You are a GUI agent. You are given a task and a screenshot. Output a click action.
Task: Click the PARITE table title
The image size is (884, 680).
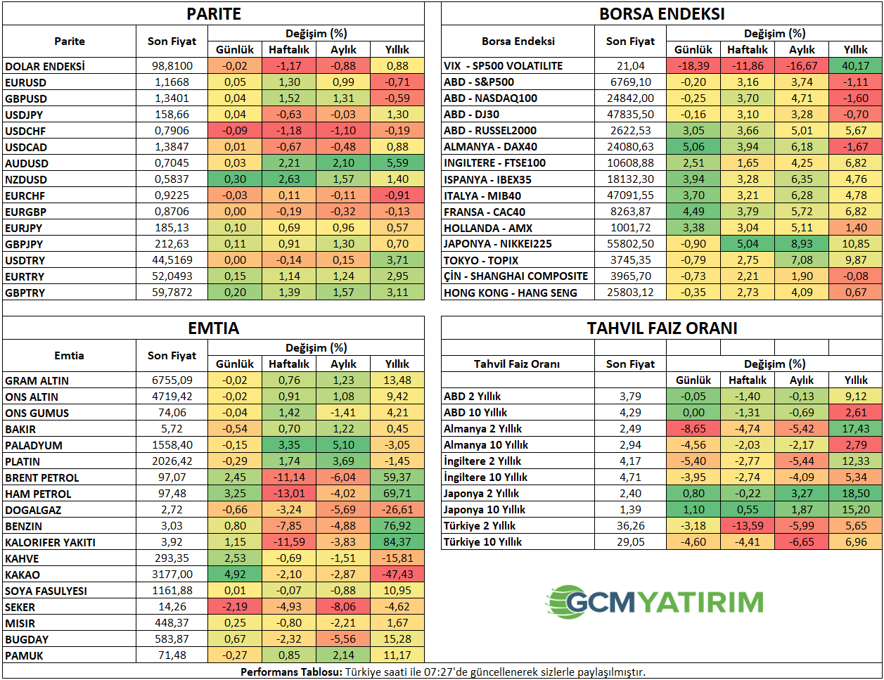pyautogui.click(x=214, y=14)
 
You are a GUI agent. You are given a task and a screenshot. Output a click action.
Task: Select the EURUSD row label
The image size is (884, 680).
pyautogui.click(x=26, y=82)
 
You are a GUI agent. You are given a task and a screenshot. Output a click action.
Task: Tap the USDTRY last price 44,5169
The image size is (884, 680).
pyautogui.click(x=172, y=260)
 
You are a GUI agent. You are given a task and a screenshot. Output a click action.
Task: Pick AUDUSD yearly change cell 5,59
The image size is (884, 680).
pyautogui.click(x=397, y=163)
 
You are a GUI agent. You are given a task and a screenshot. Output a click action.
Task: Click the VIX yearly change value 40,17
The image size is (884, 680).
pyautogui.click(x=855, y=65)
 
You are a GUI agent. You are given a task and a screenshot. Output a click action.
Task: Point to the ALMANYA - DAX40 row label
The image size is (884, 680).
pyautogui.click(x=490, y=147)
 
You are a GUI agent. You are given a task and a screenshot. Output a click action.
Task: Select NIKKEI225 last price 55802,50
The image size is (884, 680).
pyautogui.click(x=630, y=244)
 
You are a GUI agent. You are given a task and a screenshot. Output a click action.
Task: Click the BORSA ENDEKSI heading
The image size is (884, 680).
pyautogui.click(x=662, y=14)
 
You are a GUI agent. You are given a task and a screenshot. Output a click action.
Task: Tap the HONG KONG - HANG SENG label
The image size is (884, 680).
pyautogui.click(x=510, y=293)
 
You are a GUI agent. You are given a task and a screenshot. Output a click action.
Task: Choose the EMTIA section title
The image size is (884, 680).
pyautogui.click(x=214, y=328)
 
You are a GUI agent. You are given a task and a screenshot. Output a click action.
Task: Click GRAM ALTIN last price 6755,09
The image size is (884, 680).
pyautogui.click(x=172, y=380)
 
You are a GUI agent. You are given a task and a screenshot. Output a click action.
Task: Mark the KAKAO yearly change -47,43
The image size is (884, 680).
pyautogui.click(x=397, y=575)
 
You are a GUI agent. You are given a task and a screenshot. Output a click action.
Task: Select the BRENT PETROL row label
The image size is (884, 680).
pyautogui.click(x=42, y=477)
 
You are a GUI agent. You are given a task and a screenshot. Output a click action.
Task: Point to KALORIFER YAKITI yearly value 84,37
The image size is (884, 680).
pyautogui.click(x=397, y=542)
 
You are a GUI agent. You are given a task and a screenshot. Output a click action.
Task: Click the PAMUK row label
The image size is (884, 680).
pyautogui.click(x=25, y=655)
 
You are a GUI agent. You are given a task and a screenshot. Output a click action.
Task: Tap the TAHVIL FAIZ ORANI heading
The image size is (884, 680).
pyautogui.click(x=662, y=328)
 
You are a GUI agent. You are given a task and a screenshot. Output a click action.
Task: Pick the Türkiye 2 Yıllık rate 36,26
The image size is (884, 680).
pyautogui.click(x=630, y=526)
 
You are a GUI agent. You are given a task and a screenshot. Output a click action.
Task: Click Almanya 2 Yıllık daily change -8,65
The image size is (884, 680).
pyautogui.click(x=693, y=429)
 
